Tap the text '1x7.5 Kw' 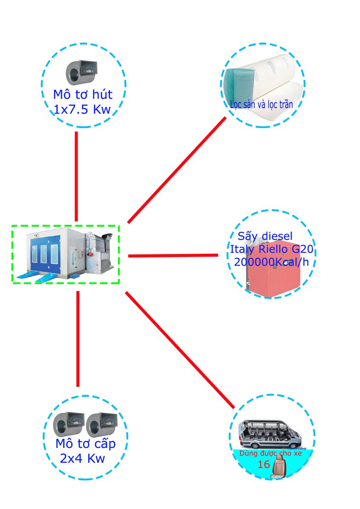[x=82, y=110]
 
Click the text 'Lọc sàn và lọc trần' [x=261, y=104]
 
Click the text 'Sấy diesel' [x=265, y=236]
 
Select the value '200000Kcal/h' [x=271, y=262]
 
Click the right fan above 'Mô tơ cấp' [x=101, y=424]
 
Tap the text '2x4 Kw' [x=83, y=459]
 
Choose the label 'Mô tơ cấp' [x=85, y=444]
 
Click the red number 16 [x=264, y=464]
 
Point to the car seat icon [x=279, y=466]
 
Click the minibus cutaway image [x=270, y=435]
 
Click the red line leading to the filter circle [x=177, y=170]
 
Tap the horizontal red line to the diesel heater [x=173, y=255]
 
